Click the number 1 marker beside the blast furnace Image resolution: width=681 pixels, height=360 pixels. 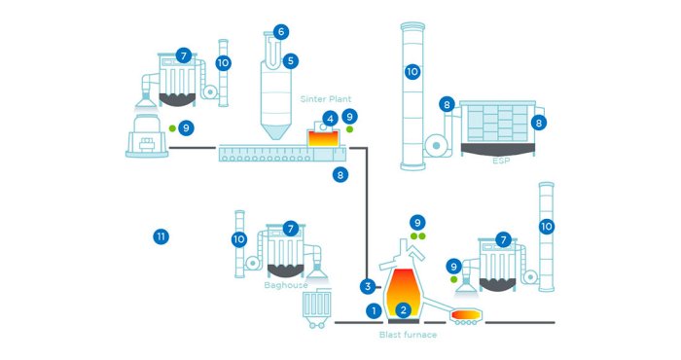(374, 310)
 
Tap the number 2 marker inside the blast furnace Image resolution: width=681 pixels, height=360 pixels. (404, 310)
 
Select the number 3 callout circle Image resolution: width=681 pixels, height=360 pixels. (368, 286)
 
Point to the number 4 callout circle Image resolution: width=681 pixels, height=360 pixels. (330, 119)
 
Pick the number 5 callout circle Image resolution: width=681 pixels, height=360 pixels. (291, 61)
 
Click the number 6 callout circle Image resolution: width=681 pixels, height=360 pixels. (281, 32)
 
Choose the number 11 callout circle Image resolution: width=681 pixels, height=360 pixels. (161, 236)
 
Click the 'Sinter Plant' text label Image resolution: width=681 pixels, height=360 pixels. (326, 99)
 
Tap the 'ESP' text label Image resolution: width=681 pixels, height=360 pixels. (501, 161)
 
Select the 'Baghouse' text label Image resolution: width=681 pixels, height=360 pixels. (286, 285)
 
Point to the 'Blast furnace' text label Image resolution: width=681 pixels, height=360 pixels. (408, 335)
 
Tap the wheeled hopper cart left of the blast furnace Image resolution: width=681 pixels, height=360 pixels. (316, 308)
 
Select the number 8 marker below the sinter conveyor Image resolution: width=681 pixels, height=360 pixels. (340, 175)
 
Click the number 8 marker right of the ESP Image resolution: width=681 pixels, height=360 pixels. (539, 123)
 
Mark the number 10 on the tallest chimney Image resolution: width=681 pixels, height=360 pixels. (412, 71)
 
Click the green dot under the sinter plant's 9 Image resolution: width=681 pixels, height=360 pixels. (349, 129)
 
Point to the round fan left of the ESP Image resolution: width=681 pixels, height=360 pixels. (436, 146)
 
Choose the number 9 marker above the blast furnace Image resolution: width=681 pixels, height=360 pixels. (417, 223)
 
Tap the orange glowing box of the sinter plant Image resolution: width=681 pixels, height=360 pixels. (323, 138)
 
